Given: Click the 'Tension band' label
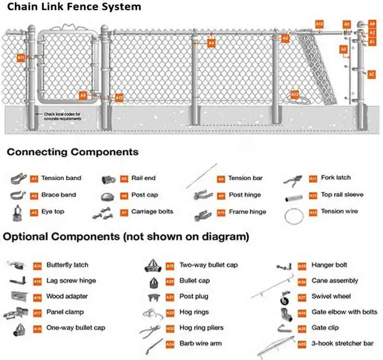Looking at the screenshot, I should [x=61, y=178].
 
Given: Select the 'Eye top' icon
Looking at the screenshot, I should [x=18, y=212].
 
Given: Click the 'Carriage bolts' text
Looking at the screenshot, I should [x=152, y=211].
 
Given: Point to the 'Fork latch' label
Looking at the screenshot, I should [x=336, y=178].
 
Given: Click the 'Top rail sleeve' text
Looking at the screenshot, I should [x=342, y=195].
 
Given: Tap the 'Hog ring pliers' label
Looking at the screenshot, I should [x=201, y=328].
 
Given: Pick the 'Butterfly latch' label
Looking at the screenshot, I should [x=67, y=265].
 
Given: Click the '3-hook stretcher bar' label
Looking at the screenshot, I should [x=341, y=344].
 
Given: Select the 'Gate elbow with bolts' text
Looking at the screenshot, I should [x=344, y=312].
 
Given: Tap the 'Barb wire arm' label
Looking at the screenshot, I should [x=200, y=343].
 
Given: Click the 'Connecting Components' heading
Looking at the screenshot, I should [x=72, y=152].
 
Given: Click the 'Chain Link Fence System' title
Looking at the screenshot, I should [x=75, y=7].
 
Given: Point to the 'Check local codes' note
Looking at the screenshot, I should [x=63, y=116].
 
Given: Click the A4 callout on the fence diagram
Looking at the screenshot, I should [x=211, y=43].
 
